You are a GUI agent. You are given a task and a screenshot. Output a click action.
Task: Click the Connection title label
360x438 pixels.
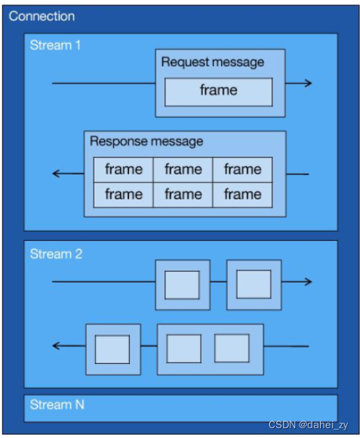[42, 16]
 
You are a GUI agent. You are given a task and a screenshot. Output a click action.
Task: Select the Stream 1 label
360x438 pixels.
[55, 45]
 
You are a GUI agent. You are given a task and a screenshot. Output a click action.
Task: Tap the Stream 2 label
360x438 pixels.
[56, 254]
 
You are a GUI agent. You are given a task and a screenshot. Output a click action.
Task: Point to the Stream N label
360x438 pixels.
[57, 405]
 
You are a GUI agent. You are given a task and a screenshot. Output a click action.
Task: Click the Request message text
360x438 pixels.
[212, 62]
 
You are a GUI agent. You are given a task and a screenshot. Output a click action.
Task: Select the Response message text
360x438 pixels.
[146, 141]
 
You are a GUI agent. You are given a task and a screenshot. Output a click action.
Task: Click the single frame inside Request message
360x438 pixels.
[219, 91]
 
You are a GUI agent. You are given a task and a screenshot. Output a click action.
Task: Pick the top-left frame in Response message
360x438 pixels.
[124, 169]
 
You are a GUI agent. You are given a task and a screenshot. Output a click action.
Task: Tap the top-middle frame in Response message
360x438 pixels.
[183, 169]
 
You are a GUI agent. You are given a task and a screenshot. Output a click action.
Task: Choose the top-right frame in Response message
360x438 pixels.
[242, 169]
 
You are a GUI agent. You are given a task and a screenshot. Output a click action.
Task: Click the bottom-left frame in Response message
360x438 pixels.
[124, 194]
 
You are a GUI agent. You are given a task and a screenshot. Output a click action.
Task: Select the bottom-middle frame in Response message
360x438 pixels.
[183, 194]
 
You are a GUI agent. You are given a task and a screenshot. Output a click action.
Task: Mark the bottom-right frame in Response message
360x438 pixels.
[242, 194]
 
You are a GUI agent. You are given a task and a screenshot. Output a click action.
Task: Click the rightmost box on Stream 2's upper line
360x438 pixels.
[254, 285]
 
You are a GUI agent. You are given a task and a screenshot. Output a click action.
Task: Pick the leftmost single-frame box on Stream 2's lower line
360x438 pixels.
[112, 350]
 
